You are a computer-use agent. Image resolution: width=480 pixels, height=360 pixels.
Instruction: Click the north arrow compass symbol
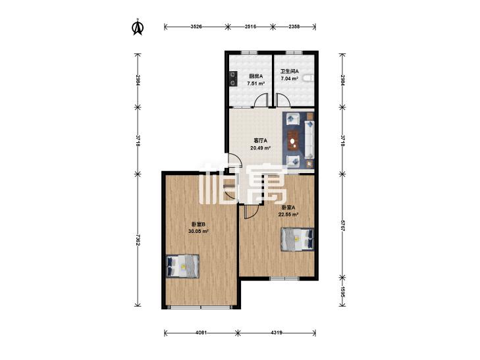(x=138, y=27)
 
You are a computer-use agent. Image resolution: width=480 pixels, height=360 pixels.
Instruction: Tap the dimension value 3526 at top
(x=196, y=27)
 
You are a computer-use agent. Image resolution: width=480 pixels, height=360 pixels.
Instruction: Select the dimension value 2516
(x=250, y=27)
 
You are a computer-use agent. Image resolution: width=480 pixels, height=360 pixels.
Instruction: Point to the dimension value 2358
(x=294, y=27)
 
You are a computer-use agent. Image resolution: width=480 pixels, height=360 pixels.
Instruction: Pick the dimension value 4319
(x=277, y=332)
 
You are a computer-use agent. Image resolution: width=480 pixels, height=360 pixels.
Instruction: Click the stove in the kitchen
(x=234, y=78)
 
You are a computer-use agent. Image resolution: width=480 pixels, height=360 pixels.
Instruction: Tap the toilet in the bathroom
(x=309, y=78)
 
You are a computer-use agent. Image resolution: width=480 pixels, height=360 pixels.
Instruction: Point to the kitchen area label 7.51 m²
(x=256, y=83)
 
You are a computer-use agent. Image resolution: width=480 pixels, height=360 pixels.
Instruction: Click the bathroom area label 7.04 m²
(x=290, y=78)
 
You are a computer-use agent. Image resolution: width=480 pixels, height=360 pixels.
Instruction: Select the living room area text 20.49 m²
(x=261, y=148)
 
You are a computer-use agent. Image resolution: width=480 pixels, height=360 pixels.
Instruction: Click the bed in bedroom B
(x=182, y=266)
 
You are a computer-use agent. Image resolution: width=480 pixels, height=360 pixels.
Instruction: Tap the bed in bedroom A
(x=298, y=239)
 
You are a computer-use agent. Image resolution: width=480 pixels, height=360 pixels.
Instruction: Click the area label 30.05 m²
(x=198, y=232)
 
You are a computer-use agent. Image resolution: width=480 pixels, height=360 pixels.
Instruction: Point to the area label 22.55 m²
(x=288, y=215)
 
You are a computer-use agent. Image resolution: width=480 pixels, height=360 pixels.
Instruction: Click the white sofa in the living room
(x=309, y=140)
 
